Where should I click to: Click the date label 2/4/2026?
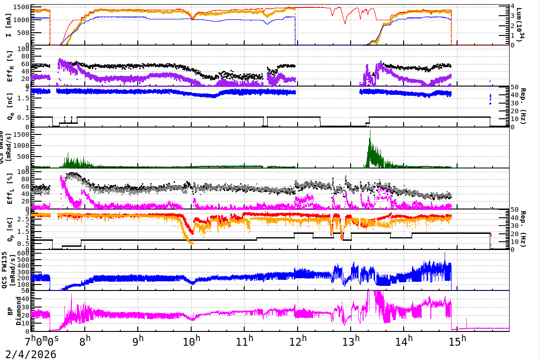[x=29, y=354]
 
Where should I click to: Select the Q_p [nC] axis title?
[x=9, y=229]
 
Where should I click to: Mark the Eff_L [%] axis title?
[x=9, y=188]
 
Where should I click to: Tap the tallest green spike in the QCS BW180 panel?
[x=370, y=131]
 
